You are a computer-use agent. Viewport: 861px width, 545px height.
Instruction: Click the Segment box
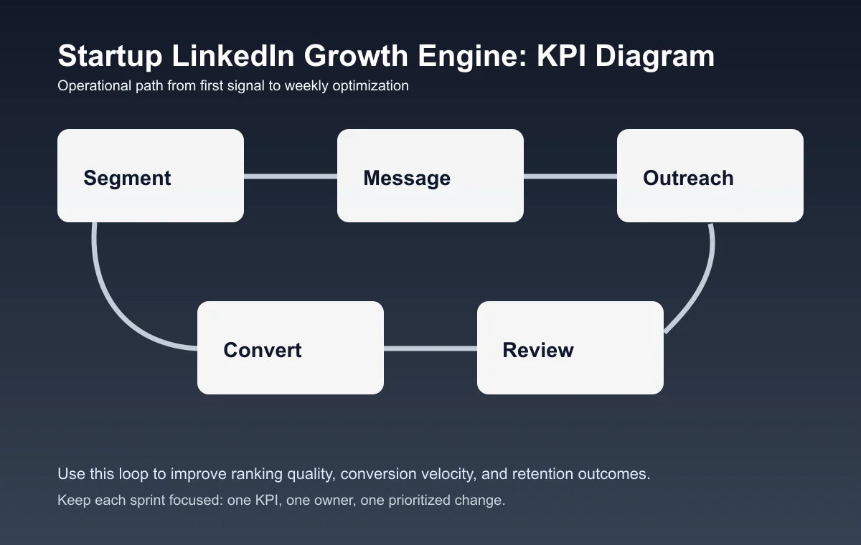[x=151, y=176]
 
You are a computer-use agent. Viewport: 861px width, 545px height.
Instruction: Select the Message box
[x=430, y=176]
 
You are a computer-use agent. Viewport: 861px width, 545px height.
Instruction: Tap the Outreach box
[x=710, y=176]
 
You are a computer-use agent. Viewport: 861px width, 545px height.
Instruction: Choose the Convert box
[x=291, y=348]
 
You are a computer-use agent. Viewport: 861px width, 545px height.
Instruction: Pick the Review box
[x=570, y=348]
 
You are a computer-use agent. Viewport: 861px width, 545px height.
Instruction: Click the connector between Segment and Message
[x=291, y=176]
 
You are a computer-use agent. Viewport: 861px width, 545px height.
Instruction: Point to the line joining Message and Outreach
[x=570, y=176]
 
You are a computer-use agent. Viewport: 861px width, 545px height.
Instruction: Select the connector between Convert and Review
[x=430, y=349]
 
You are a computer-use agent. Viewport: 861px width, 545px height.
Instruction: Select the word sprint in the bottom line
[x=128, y=500]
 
